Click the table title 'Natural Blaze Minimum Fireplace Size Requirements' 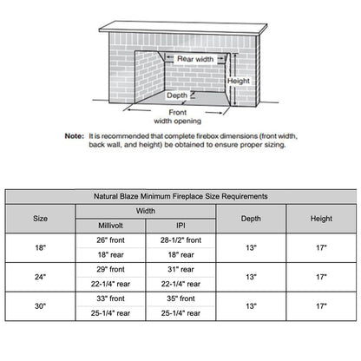[x=180, y=197]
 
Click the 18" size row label [x=41, y=247]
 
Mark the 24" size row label [x=41, y=278]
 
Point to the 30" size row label [x=41, y=306]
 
